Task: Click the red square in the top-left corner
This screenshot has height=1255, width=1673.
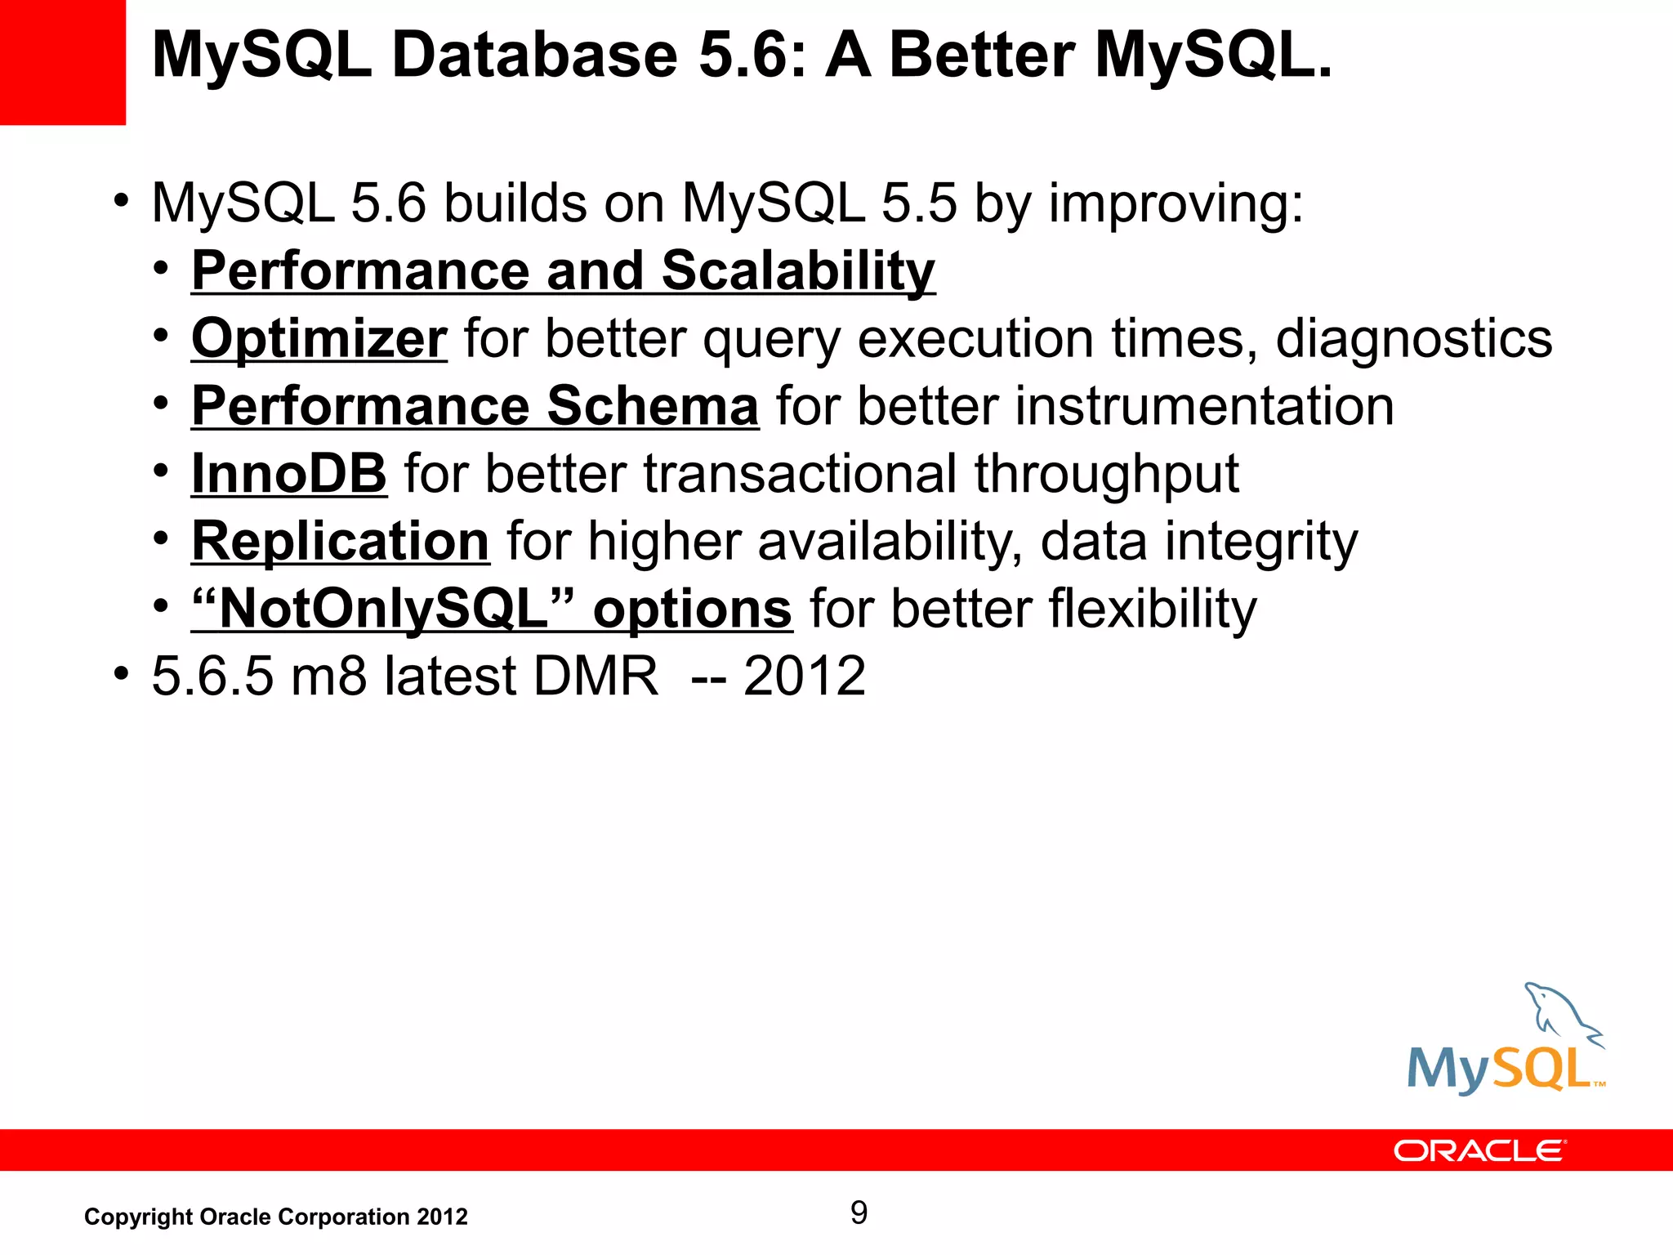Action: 62,62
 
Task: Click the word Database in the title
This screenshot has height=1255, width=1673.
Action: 535,56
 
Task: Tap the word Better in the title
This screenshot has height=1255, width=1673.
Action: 982,56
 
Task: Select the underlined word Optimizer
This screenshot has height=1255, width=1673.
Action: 319,338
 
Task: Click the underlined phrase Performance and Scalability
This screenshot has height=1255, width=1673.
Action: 563,270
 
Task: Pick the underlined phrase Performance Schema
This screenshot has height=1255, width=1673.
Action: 475,406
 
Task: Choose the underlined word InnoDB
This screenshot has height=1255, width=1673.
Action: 288,473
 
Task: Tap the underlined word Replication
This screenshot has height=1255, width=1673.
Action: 340,541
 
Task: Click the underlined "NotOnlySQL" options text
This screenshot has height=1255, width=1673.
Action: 491,609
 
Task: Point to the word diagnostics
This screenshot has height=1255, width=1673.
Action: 1414,338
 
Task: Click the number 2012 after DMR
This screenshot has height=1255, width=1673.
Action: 804,677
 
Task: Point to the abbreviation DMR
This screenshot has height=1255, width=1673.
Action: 595,677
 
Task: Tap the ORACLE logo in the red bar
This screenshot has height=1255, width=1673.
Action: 1479,1151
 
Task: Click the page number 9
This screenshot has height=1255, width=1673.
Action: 859,1213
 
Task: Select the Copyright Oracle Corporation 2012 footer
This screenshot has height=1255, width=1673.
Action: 276,1217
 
